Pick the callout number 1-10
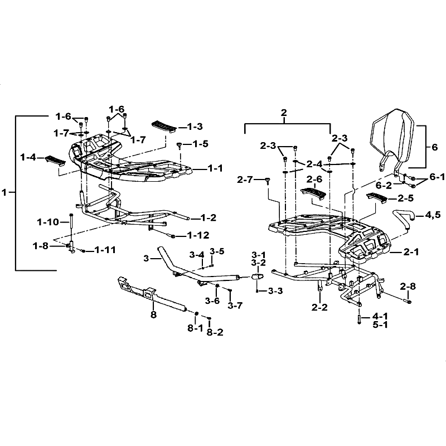pos(48,222)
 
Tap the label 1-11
pos(105,250)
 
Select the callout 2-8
pos(408,287)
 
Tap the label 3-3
pos(275,290)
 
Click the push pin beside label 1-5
pos(180,144)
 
